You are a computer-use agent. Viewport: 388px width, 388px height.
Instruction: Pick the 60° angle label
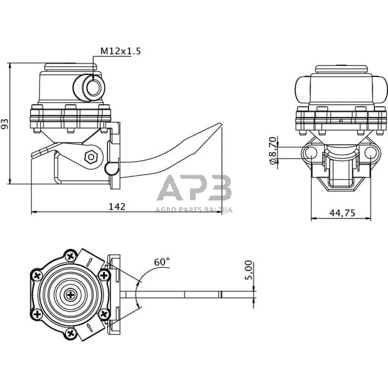point(162,262)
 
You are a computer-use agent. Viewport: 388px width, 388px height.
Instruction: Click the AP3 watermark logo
point(194,189)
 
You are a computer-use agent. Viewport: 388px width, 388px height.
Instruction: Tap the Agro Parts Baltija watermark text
point(194,210)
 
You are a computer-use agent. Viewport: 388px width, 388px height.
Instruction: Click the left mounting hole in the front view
point(310,153)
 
